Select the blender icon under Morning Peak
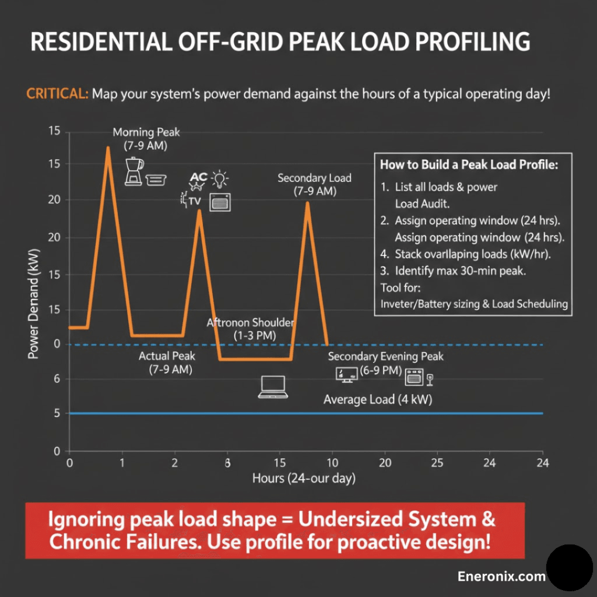coord(134,171)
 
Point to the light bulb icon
coord(220,178)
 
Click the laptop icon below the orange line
coord(273,387)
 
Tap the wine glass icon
coord(430,380)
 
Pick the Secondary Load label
coord(314,178)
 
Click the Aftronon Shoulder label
coord(251,323)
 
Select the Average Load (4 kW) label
coord(378,399)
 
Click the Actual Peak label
coord(167,356)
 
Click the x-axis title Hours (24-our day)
coord(303,479)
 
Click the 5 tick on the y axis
coord(57,414)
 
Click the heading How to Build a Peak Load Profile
coord(469,164)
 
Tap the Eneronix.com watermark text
coord(501,577)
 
